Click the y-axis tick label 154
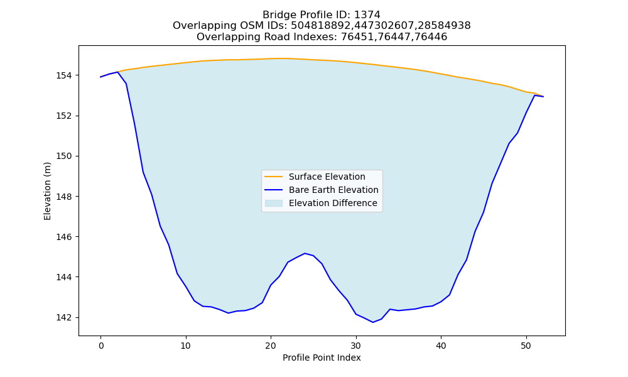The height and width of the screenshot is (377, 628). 63,75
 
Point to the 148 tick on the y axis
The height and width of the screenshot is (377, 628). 63,196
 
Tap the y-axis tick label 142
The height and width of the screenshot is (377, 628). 63,317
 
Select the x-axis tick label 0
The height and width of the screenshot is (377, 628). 100,346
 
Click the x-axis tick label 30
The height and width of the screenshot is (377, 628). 356,346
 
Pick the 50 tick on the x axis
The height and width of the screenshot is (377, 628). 526,346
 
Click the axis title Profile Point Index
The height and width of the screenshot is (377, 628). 322,358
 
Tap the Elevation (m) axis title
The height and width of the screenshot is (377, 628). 47,191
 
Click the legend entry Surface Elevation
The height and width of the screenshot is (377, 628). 327,177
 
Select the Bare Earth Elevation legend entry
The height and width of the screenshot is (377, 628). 333,190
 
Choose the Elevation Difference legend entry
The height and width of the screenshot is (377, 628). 333,203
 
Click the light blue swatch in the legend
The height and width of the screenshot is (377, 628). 274,203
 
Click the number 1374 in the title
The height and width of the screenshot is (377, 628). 367,15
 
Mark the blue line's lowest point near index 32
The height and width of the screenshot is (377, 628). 373,322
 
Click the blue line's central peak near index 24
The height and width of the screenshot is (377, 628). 305,253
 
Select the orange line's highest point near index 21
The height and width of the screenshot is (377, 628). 279,58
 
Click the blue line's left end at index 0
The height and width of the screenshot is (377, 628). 100,77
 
